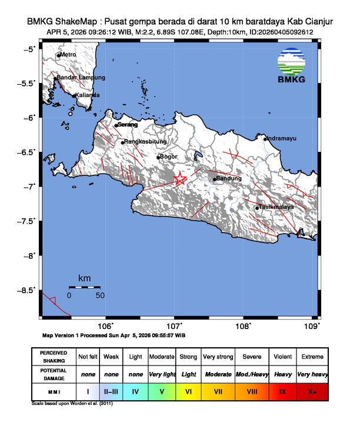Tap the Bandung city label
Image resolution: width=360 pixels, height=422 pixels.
pos(229,178)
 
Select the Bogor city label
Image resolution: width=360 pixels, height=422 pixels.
pos(169,157)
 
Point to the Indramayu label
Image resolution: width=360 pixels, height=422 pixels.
pos(282,138)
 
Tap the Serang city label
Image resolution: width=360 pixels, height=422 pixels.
pos(128,125)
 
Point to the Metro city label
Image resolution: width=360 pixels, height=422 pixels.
pos(68,55)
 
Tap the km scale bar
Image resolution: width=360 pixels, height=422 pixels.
pos(84,287)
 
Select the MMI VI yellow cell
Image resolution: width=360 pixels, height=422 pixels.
pos(188,391)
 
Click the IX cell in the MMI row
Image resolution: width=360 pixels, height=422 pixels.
pos(282,391)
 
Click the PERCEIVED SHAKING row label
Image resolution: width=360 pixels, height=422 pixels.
pos(54,357)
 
